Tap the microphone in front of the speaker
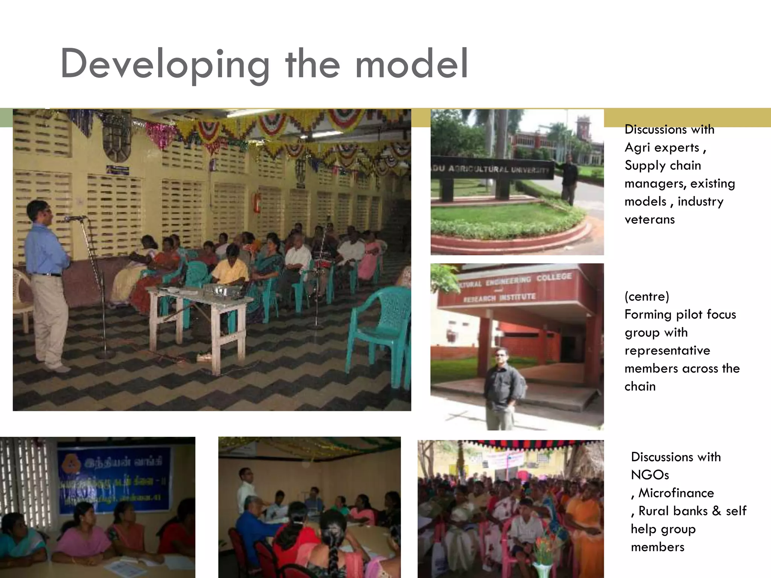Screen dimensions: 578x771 (x=74, y=218)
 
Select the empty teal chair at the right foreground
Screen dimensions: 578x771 (x=380, y=331)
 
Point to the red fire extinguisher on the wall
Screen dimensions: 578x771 (x=257, y=202)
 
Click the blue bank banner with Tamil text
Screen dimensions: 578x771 (x=113, y=478)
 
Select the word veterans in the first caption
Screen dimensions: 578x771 (x=650, y=219)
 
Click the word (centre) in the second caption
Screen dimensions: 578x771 (x=647, y=297)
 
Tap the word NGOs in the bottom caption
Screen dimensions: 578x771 (x=650, y=475)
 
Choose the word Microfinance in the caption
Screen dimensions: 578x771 (x=676, y=493)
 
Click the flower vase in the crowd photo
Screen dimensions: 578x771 (x=542, y=557)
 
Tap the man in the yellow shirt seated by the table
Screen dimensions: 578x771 (x=230, y=267)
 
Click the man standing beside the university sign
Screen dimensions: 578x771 (x=568, y=179)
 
